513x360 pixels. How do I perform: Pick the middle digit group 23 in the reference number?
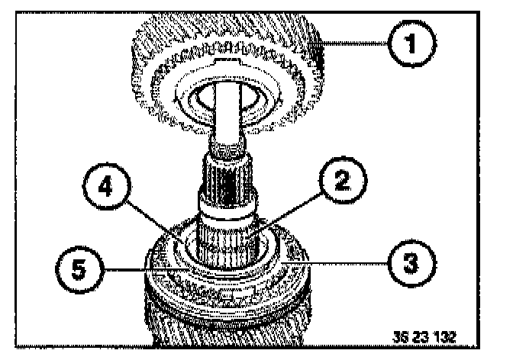point(427,335)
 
